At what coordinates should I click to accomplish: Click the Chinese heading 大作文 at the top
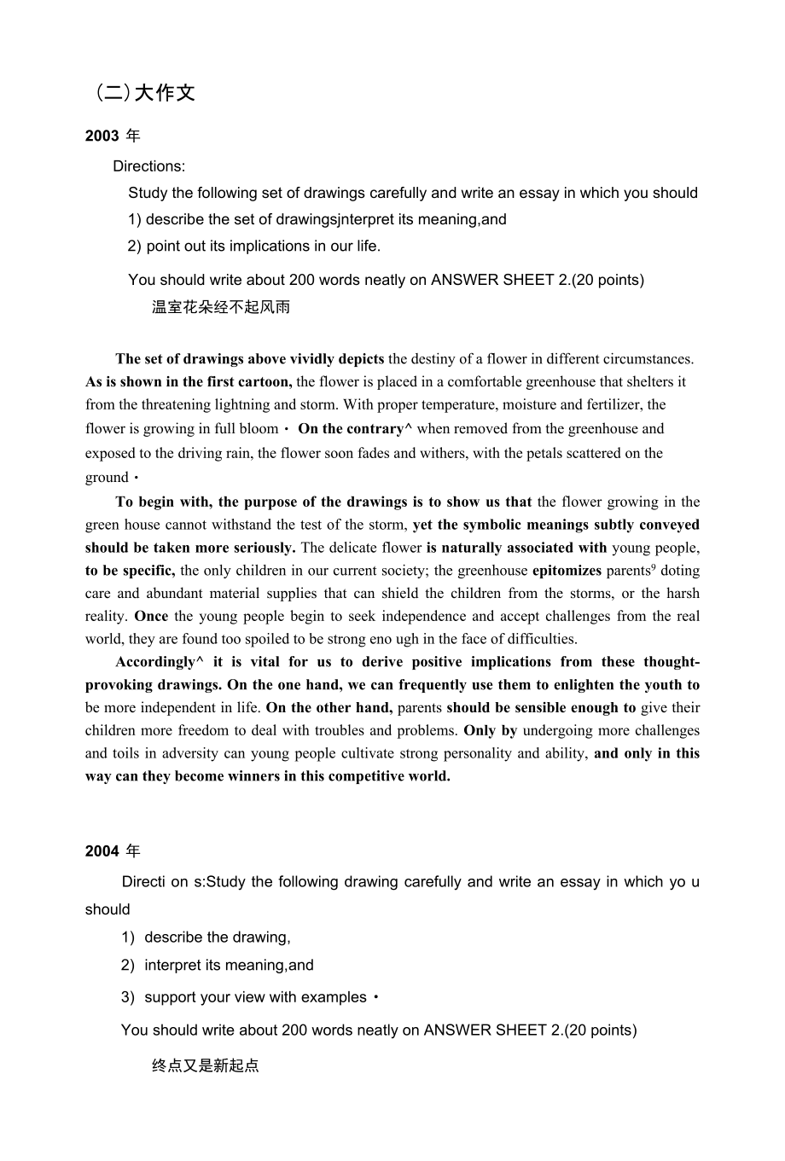[165, 93]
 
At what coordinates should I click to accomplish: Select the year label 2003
[102, 136]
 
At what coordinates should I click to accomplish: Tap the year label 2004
[102, 851]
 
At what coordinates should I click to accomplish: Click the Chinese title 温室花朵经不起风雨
[221, 307]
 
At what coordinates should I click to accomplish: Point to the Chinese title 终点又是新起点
[206, 1065]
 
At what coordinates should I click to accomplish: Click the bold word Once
[151, 616]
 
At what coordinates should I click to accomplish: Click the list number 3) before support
[128, 997]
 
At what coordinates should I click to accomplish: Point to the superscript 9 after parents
[654, 566]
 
